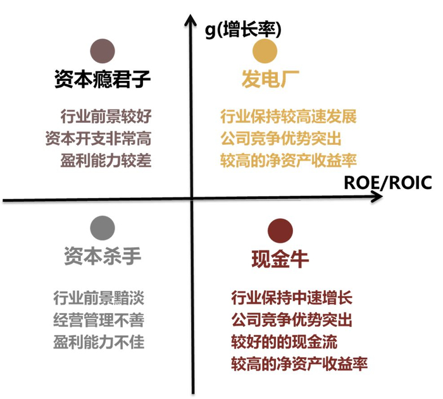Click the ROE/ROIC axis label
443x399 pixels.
click(388, 183)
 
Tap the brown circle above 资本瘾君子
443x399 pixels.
click(103, 50)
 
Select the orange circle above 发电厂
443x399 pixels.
click(266, 51)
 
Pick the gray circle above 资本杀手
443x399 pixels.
click(103, 227)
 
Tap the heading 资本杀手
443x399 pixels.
click(103, 256)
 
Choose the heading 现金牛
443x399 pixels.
click(280, 259)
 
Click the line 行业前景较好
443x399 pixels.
click(107, 117)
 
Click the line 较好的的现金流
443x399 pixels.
click(284, 342)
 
